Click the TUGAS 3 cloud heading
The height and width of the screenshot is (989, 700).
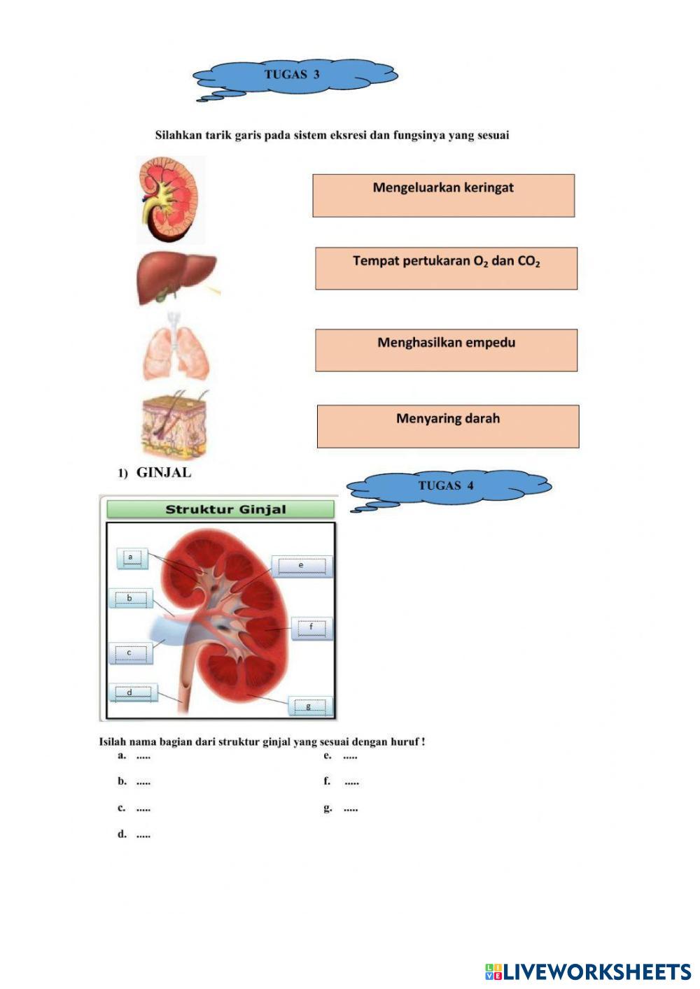pyautogui.click(x=294, y=75)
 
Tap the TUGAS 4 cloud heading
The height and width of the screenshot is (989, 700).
pyautogui.click(x=448, y=485)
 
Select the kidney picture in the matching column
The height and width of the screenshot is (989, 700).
pyautogui.click(x=171, y=199)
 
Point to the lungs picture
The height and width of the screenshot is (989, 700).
pyautogui.click(x=176, y=348)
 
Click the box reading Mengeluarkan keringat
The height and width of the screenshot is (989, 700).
pyautogui.click(x=443, y=195)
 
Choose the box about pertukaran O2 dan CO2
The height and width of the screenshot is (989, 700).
pyautogui.click(x=446, y=268)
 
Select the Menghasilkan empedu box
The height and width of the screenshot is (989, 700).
pyautogui.click(x=446, y=350)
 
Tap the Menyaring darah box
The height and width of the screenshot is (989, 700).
pyautogui.click(x=448, y=426)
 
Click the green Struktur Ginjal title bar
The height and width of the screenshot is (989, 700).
pyautogui.click(x=220, y=509)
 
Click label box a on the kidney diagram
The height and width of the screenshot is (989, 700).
pyautogui.click(x=132, y=558)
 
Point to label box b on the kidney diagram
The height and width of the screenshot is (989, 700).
pyautogui.click(x=130, y=599)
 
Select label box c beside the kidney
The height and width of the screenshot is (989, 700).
pyautogui.click(x=130, y=653)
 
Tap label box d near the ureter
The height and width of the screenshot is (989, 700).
pyautogui.click(x=132, y=693)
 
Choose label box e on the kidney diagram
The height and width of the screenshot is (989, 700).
pyautogui.click(x=302, y=566)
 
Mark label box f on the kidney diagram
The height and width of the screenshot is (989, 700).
pyautogui.click(x=311, y=628)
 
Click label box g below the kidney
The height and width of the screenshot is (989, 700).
pyautogui.click(x=309, y=706)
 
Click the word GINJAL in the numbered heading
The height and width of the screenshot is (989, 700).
pyautogui.click(x=163, y=473)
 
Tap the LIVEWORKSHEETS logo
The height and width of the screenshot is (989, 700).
pyautogui.click(x=588, y=972)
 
